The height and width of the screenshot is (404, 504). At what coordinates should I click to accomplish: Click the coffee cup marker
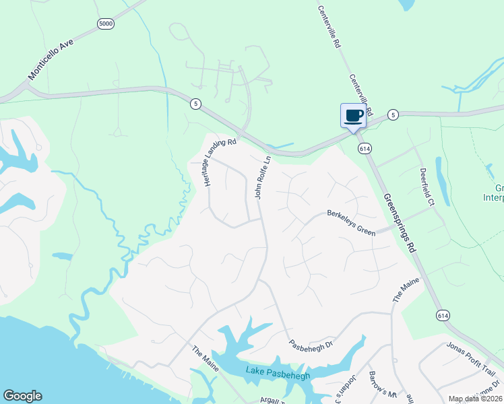(354, 116)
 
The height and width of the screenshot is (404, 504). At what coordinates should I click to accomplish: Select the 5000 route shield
(106, 24)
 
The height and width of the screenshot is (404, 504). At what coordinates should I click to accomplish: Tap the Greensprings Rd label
(400, 223)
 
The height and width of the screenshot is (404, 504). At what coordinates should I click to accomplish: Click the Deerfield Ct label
(427, 187)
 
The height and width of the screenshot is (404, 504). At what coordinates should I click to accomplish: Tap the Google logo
(22, 396)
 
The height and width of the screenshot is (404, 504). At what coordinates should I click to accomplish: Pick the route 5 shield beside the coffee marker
(393, 115)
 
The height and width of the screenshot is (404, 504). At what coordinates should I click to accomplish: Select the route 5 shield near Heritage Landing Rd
(195, 104)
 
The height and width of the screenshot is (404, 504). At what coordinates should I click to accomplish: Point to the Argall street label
(273, 400)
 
